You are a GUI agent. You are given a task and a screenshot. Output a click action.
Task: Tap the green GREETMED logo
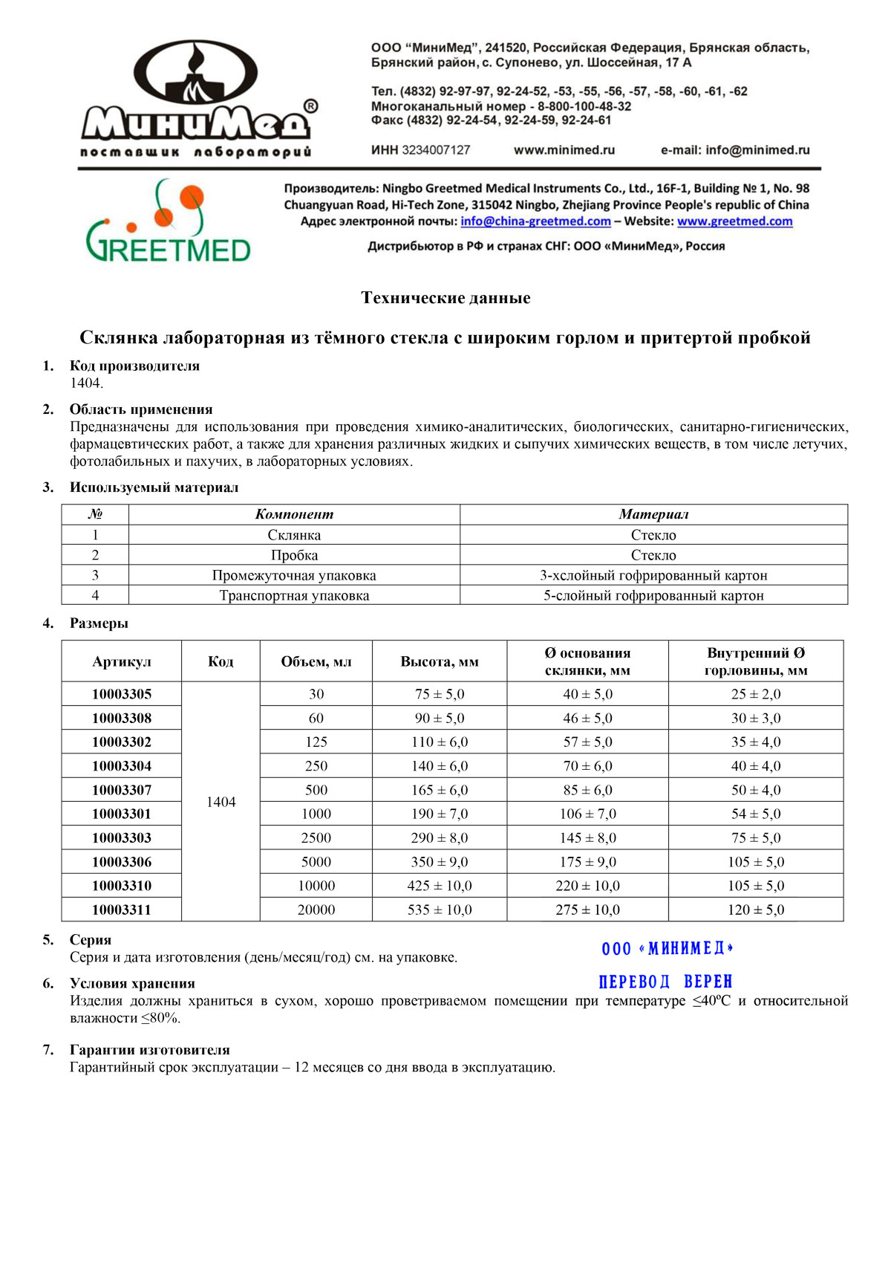point(168,223)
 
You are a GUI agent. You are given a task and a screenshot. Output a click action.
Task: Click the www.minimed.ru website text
point(564,150)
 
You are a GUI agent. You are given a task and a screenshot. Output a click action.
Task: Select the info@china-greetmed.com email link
point(535,221)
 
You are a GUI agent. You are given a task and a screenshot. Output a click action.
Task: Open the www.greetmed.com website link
point(734,221)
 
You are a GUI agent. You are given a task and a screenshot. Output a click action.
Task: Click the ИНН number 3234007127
point(436,150)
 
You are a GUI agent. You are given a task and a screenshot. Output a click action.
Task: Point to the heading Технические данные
point(446,298)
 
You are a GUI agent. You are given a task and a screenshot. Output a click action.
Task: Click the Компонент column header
point(294,514)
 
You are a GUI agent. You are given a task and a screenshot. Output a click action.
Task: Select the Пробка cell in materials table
point(294,555)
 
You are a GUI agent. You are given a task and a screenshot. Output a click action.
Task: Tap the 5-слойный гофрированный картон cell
point(653,595)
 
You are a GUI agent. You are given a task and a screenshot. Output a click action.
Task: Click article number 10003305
point(122,694)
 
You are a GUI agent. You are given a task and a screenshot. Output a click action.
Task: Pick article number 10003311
point(122,910)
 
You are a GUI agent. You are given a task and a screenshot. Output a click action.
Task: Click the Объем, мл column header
point(316,661)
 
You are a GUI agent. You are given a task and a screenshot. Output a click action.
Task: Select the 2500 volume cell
point(316,837)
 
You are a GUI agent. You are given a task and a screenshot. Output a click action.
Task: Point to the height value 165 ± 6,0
point(440,790)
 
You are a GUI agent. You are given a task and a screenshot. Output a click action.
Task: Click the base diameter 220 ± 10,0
point(587,886)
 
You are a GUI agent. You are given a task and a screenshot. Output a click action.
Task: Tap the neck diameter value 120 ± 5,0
point(756,910)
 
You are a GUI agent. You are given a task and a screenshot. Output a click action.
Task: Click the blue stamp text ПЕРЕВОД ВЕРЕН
point(665,982)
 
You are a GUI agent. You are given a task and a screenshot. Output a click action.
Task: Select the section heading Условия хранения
point(132,984)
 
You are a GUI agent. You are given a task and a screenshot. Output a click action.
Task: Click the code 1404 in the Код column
point(221,802)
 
